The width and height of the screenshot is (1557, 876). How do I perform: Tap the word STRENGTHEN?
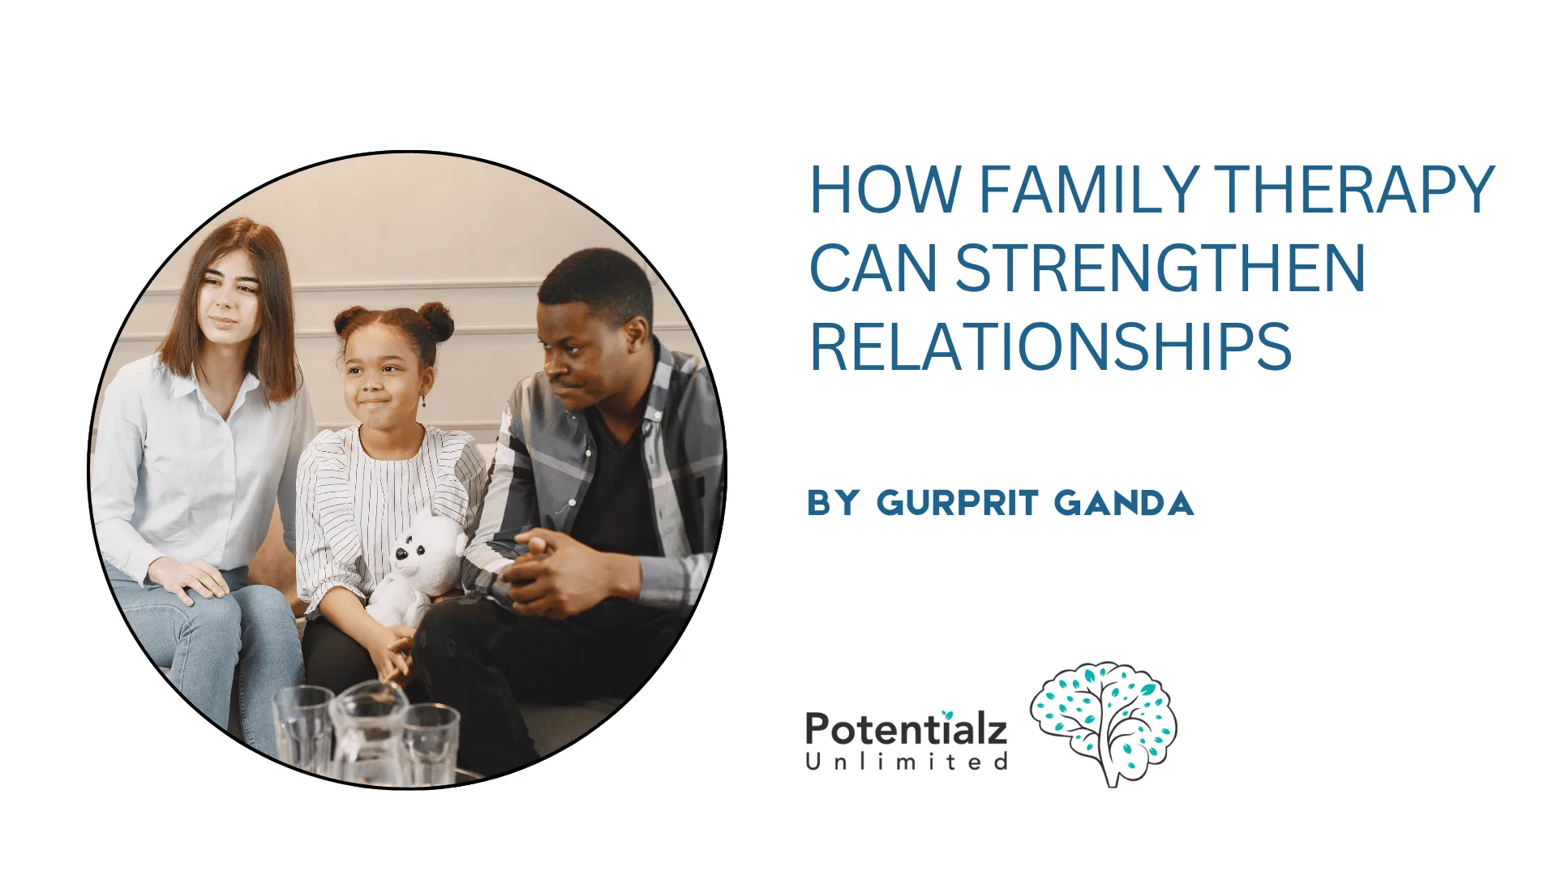coord(1160,268)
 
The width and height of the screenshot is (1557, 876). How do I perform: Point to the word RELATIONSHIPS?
coord(1050,347)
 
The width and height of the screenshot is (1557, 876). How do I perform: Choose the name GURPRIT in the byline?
coord(957,504)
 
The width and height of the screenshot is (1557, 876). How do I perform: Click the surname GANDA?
coord(1124,504)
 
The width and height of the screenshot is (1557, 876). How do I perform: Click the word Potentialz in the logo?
coord(906,728)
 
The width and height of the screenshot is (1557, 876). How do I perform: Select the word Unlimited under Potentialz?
coord(906,762)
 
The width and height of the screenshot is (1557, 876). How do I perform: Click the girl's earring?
coord(422,400)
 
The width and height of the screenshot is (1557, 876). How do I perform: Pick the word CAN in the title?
coord(873,268)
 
